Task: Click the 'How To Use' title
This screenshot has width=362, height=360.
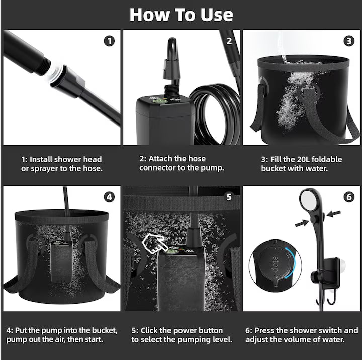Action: (x=181, y=14)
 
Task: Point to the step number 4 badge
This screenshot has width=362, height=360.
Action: (x=109, y=197)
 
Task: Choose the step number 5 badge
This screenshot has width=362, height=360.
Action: (x=229, y=197)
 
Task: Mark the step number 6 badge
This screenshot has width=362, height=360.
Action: (x=349, y=197)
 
